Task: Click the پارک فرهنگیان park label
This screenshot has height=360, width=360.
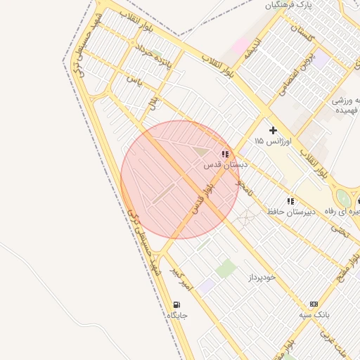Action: (288, 5)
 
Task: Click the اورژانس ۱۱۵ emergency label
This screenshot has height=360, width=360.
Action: (269, 141)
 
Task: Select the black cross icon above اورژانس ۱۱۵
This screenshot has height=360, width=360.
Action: (273, 130)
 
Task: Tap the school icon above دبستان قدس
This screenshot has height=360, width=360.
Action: (225, 153)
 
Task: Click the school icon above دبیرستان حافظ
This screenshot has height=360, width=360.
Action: (290, 200)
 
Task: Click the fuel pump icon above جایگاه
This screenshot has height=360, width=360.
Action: (176, 304)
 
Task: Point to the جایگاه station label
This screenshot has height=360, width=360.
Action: (177, 316)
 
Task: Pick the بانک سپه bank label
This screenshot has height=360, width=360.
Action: (314, 315)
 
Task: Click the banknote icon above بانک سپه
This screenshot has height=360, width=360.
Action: (314, 304)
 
